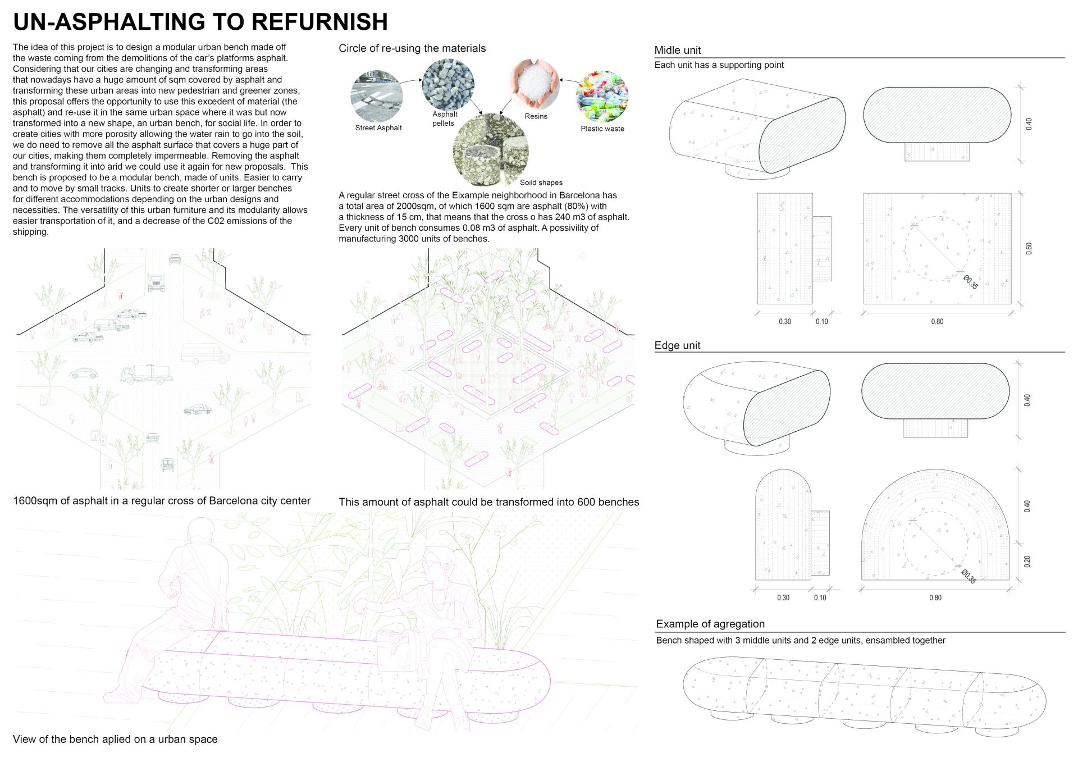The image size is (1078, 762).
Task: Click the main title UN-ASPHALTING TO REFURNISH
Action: point(200,21)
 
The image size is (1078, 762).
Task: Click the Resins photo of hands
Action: point(535,84)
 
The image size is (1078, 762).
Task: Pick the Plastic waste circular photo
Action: point(602,96)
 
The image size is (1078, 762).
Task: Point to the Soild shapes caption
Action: point(541,182)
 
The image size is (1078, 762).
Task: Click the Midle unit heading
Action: point(678,51)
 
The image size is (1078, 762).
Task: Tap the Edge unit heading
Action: point(677,345)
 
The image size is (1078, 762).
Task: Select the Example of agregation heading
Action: point(710,624)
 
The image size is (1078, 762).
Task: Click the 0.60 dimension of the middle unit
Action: point(1029,249)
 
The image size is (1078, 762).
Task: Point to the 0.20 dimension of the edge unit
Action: point(1027,562)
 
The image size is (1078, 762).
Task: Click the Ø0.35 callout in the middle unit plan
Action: point(971,282)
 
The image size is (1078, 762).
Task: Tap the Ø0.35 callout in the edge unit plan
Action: point(969,577)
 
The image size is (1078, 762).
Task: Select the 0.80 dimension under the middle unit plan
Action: point(937,322)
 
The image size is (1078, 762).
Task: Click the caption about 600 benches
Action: point(488,502)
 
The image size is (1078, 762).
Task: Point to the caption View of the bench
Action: point(115,739)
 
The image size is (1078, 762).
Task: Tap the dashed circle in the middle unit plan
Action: point(937,249)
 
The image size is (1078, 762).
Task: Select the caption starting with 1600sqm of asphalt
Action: point(162,501)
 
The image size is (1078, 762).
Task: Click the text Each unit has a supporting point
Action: point(719,65)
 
